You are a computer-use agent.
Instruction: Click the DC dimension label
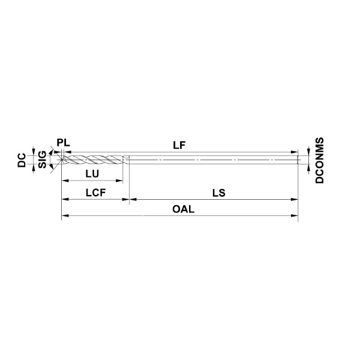[22, 160]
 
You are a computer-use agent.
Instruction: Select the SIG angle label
[42, 160]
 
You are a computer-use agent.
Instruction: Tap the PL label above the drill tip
[64, 143]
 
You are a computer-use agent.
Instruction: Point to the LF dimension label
[179, 145]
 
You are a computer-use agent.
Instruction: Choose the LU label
[92, 174]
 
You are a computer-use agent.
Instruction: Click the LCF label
[95, 193]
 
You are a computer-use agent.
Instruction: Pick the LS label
[219, 193]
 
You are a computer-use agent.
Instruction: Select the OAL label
[184, 209]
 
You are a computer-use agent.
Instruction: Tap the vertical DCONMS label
[319, 160]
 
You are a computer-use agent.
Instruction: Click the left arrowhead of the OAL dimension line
[65, 215]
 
